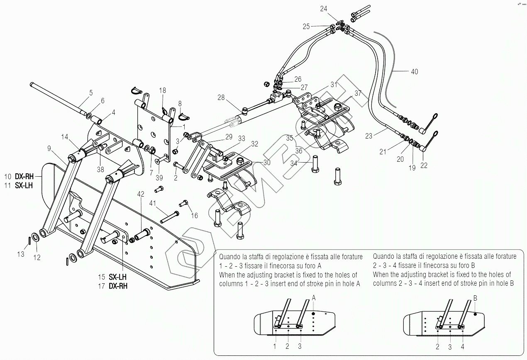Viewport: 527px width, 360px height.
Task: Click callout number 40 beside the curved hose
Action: [x=414, y=72]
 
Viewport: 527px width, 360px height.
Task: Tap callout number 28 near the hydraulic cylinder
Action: [x=221, y=97]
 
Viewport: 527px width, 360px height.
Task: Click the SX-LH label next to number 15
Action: [x=118, y=277]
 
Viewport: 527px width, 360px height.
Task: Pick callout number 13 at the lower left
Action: [x=21, y=255]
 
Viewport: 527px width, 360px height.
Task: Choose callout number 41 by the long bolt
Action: [x=153, y=203]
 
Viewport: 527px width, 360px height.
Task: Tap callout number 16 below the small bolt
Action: [x=195, y=216]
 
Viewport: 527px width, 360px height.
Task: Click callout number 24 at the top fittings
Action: [x=324, y=8]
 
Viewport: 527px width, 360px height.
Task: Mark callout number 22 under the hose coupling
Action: [x=424, y=165]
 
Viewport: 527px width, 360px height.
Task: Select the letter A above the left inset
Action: [x=314, y=298]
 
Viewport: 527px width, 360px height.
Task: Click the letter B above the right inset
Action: [x=476, y=298]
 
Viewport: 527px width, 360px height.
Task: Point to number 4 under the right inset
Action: [x=463, y=347]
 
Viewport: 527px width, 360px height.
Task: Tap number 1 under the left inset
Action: [x=275, y=346]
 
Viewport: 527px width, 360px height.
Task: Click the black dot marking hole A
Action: [x=314, y=314]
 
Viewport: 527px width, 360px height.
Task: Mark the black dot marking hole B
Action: [x=476, y=314]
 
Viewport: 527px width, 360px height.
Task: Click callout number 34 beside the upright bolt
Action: [x=294, y=163]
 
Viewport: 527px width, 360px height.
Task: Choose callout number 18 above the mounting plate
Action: [x=162, y=90]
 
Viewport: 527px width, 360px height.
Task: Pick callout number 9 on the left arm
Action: [x=49, y=148]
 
